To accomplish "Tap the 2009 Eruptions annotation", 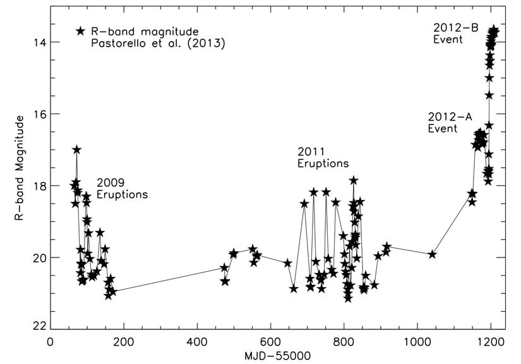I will [x=122, y=189].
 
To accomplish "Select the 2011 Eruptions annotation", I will [x=323, y=158].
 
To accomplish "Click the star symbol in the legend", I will [x=80, y=32].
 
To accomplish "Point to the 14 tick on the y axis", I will [x=39, y=42].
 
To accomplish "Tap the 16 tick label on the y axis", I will [x=39, y=114].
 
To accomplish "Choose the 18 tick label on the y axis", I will [x=39, y=186].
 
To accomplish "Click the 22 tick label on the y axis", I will [x=39, y=326].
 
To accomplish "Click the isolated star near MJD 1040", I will [x=433, y=254].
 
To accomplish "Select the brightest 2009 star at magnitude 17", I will [x=76, y=150].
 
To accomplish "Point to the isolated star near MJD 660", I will [x=294, y=288].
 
